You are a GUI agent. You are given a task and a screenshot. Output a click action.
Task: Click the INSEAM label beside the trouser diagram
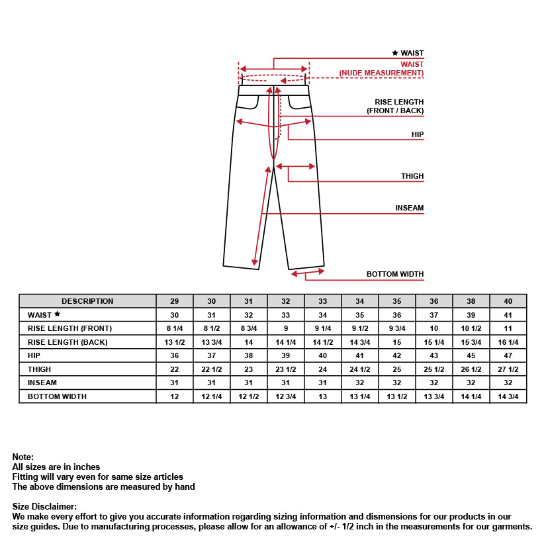(x=409, y=208)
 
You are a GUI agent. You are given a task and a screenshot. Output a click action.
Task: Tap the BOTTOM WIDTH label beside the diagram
(x=395, y=274)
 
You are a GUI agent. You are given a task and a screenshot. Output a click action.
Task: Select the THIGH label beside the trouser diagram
(x=412, y=176)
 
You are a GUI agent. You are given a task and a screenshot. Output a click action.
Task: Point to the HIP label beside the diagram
(x=417, y=134)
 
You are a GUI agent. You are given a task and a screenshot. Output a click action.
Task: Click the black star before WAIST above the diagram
(x=395, y=53)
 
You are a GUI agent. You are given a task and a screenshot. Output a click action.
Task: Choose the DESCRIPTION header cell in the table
(x=87, y=301)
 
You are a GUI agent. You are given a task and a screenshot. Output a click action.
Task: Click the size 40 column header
(x=508, y=301)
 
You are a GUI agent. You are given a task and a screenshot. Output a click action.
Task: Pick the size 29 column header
(x=175, y=301)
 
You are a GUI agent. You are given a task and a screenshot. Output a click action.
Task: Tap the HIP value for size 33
(x=323, y=355)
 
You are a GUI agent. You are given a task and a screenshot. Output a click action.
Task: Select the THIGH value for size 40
(x=508, y=369)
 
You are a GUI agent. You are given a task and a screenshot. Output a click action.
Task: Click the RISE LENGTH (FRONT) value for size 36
(x=434, y=328)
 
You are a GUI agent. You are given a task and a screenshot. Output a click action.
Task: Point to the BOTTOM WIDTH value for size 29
(x=175, y=396)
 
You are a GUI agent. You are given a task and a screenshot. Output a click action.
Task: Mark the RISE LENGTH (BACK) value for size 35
(x=397, y=342)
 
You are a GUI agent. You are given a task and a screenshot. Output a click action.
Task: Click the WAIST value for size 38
(x=471, y=315)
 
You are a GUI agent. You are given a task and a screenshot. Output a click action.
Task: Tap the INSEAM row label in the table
(x=42, y=383)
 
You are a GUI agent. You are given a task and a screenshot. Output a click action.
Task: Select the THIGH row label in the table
(x=39, y=369)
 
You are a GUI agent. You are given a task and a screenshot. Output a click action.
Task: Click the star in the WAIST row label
(x=58, y=314)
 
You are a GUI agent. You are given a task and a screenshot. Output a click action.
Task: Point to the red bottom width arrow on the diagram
(x=308, y=271)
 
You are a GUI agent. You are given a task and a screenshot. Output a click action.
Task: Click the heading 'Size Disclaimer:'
(x=44, y=506)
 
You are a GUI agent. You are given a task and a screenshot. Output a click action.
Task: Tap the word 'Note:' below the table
(x=23, y=457)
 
